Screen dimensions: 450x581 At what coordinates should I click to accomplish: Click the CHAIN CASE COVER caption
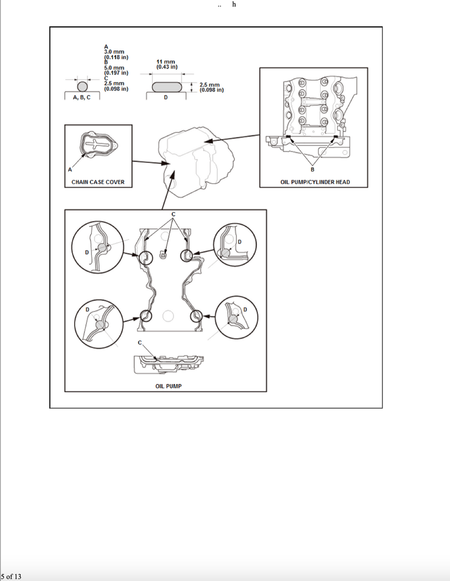tap(98, 182)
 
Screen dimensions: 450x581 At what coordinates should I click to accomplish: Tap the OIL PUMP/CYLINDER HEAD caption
tap(315, 182)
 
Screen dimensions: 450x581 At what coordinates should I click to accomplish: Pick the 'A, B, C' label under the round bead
tap(82, 97)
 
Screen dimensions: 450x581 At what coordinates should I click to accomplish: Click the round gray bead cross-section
tap(83, 87)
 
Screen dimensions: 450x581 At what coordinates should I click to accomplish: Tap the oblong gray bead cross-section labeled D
tap(167, 87)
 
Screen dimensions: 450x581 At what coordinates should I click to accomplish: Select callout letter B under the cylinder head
tap(312, 169)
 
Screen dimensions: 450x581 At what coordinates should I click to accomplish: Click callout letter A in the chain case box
tap(70, 170)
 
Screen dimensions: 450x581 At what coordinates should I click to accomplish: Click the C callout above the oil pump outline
tap(174, 214)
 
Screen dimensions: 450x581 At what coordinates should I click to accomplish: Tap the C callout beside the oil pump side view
tap(140, 343)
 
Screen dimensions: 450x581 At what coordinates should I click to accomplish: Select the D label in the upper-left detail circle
tap(87, 253)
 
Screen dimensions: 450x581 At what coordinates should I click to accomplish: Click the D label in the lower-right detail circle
tap(245, 310)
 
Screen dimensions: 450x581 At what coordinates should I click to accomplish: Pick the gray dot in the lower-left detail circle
tap(100, 325)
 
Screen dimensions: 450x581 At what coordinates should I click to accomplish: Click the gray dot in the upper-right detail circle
tap(225, 252)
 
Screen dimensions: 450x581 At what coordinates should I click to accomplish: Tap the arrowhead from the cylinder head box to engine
tap(209, 141)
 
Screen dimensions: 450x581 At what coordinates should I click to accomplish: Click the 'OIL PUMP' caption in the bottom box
tap(168, 386)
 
